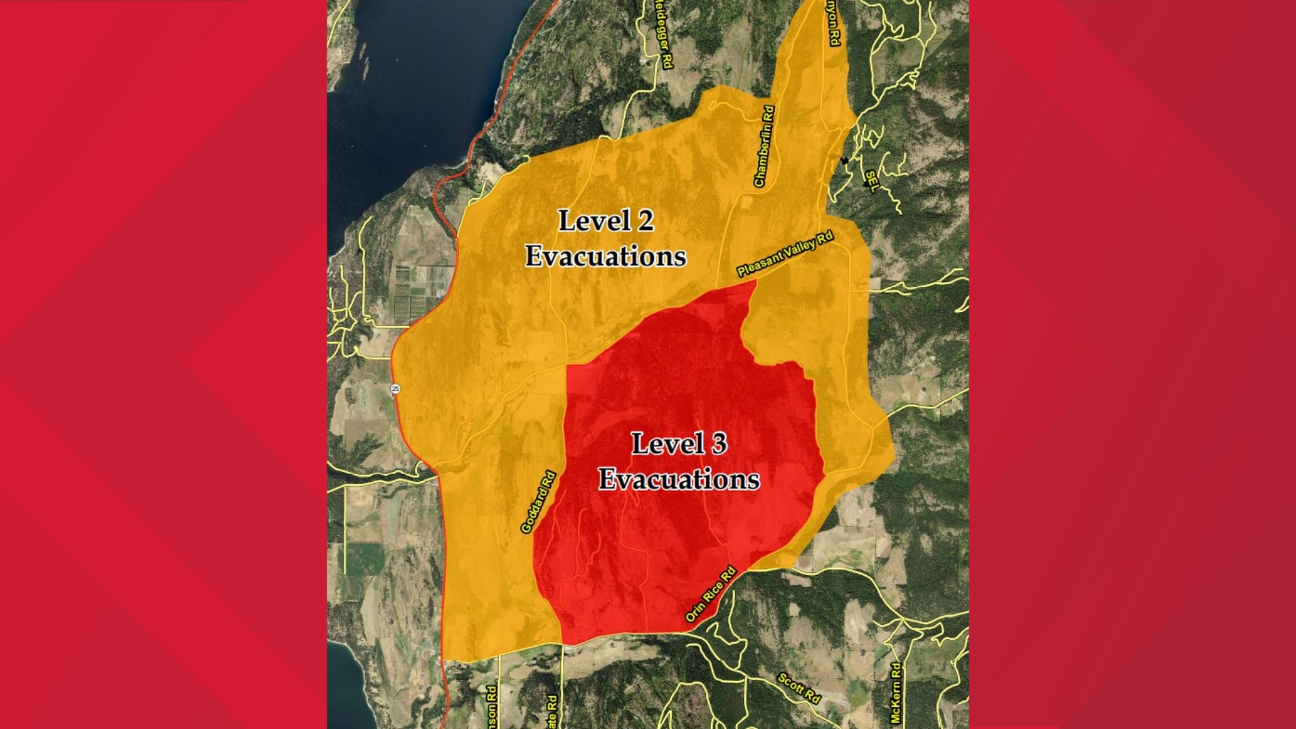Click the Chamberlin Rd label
tap(764, 146)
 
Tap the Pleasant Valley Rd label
tap(785, 254)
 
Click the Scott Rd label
tap(799, 688)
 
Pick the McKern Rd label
tap(896, 693)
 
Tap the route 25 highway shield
tap(396, 389)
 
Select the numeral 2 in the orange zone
tap(645, 221)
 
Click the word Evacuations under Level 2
tap(605, 256)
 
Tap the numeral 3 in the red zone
tap(718, 443)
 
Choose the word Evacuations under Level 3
tap(679, 479)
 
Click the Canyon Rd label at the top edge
tap(835, 24)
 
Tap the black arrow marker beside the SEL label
tap(844, 160)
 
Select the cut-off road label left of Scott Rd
tap(553, 711)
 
